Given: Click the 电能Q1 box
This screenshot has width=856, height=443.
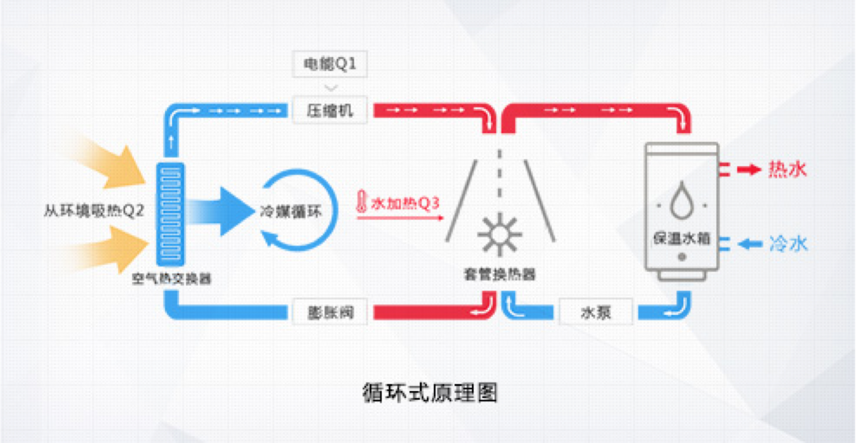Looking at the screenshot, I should pyautogui.click(x=330, y=65).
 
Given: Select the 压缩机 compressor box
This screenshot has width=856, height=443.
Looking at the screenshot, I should pyautogui.click(x=330, y=111).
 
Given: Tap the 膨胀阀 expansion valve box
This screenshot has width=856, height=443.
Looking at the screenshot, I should pyautogui.click(x=330, y=312).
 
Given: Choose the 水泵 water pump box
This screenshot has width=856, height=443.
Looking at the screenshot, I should pyautogui.click(x=596, y=312).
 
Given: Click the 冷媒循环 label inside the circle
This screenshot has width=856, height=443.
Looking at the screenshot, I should pyautogui.click(x=291, y=211).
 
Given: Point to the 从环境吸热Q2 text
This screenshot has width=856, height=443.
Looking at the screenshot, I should pyautogui.click(x=94, y=211).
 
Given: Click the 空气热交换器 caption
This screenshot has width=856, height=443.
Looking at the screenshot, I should pyautogui.click(x=171, y=279).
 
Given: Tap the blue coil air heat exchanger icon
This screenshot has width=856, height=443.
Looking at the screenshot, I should pyautogui.click(x=170, y=213).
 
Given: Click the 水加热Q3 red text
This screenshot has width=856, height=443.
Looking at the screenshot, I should pyautogui.click(x=405, y=203).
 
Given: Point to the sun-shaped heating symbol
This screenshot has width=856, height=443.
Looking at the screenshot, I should pyautogui.click(x=500, y=234).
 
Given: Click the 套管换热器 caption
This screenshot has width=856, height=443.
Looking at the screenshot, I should pyautogui.click(x=500, y=274).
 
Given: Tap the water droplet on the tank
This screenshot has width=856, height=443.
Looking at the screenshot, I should pyautogui.click(x=681, y=198).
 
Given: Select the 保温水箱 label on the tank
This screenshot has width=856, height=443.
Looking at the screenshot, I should pyautogui.click(x=681, y=238).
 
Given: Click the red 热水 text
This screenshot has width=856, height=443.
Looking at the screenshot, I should pyautogui.click(x=787, y=169).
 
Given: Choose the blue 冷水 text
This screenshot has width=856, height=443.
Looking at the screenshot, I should pyautogui.click(x=788, y=243).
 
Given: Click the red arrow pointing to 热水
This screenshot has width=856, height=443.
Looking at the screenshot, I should pyautogui.click(x=749, y=169).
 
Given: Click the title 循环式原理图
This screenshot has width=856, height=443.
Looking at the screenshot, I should pyautogui.click(x=430, y=392).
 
